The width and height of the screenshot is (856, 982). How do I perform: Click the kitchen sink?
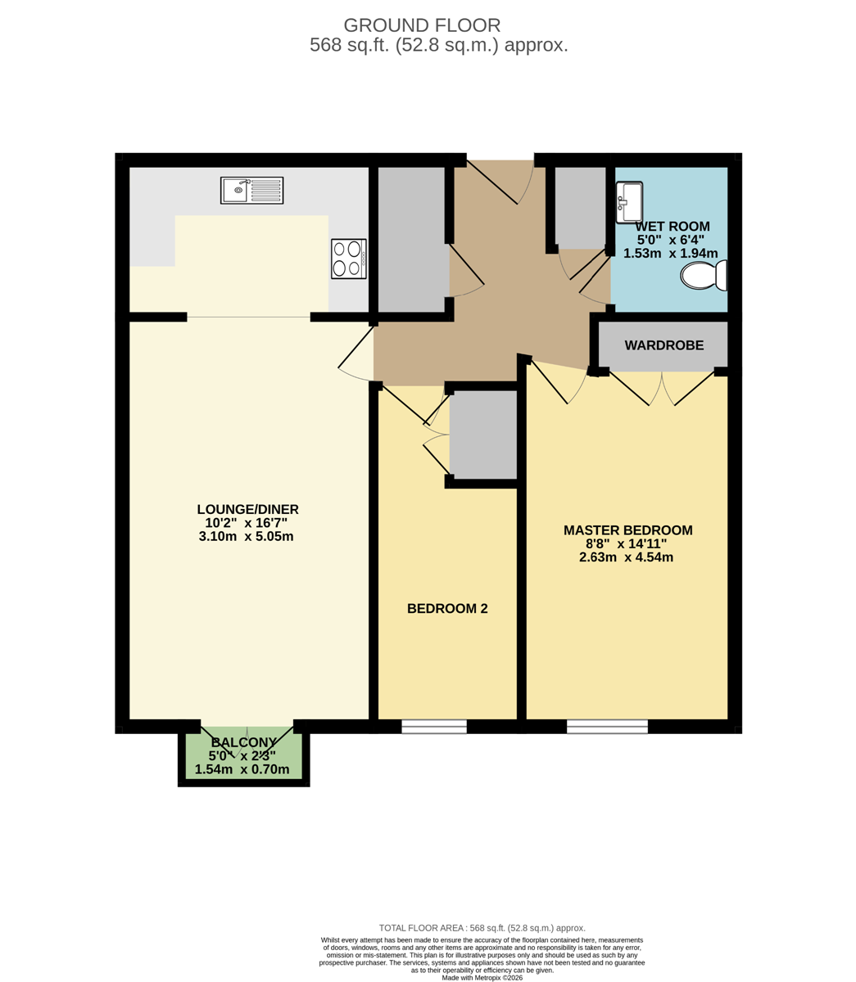[251, 190]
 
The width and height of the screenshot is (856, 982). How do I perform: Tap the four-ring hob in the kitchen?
[349, 259]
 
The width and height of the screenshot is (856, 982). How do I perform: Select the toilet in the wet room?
[704, 275]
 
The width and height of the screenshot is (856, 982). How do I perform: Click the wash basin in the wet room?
[629, 202]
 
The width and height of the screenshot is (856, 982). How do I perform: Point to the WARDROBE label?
[664, 345]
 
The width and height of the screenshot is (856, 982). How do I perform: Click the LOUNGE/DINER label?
[248, 509]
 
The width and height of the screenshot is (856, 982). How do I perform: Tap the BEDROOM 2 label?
[447, 608]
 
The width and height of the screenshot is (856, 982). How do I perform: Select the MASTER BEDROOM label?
[627, 530]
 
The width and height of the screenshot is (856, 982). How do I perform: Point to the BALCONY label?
[243, 742]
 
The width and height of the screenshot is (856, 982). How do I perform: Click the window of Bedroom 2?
[434, 726]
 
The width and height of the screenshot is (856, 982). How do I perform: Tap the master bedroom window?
[607, 726]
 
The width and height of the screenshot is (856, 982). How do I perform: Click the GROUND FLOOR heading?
[422, 25]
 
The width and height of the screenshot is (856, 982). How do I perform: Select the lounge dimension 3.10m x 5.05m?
[246, 536]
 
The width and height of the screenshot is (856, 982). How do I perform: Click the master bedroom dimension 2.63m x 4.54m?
[626, 557]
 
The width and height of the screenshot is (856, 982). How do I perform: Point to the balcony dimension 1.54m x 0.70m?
[242, 769]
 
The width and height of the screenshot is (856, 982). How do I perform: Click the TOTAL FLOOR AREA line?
[482, 928]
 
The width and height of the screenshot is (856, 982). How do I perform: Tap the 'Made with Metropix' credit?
[482, 978]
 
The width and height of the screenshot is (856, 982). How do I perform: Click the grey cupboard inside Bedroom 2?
[483, 435]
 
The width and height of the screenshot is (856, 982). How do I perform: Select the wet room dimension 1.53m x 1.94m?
[671, 253]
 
